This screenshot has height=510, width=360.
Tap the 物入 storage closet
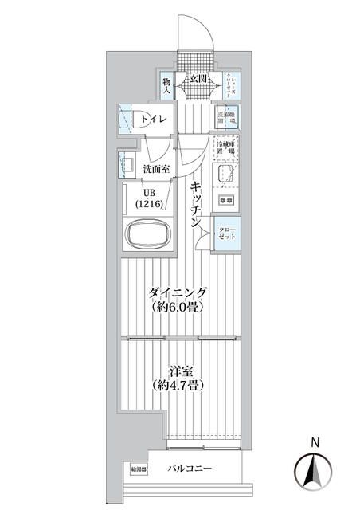pyautogui.click(x=167, y=85)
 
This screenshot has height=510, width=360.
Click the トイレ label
pyautogui.click(x=155, y=120)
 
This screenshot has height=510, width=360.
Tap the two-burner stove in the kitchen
pyautogui.click(x=225, y=199)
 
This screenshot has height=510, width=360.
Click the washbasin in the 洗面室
pyautogui.click(x=126, y=165)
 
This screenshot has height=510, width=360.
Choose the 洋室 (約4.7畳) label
pyautogui.click(x=179, y=377)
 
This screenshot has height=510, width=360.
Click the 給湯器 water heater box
pyautogui.click(x=139, y=469)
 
